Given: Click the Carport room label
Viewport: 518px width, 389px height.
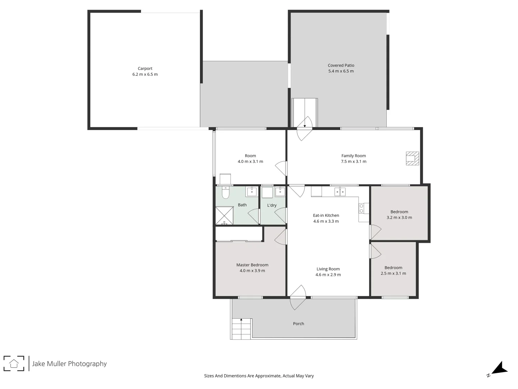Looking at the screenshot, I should click(145, 68).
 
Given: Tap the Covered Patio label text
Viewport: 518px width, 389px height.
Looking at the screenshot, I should click(341, 66).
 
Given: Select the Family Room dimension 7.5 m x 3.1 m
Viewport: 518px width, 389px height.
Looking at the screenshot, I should click(354, 162).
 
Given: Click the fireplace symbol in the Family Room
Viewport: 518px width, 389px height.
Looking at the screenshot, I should click(412, 158).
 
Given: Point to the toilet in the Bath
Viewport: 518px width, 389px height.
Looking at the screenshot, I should click(226, 193).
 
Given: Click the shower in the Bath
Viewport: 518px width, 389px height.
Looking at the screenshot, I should click(224, 216).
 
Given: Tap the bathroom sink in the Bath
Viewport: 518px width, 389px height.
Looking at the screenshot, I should click(252, 191).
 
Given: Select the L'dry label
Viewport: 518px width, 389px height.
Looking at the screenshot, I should click(272, 205).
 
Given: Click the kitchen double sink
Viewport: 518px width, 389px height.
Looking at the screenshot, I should click(340, 192).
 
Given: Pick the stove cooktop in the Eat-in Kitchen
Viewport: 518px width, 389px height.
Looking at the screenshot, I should click(363, 208).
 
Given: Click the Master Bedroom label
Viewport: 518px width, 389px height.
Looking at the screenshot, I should click(252, 265).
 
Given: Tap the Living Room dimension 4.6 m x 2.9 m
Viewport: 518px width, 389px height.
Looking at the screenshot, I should click(328, 275).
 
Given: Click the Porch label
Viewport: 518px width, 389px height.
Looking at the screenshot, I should click(299, 324).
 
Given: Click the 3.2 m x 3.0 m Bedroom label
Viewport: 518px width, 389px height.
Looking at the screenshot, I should click(399, 212).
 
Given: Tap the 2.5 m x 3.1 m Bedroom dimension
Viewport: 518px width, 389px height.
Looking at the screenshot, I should click(393, 273).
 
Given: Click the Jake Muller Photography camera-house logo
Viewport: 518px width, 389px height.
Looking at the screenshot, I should click(14, 363).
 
